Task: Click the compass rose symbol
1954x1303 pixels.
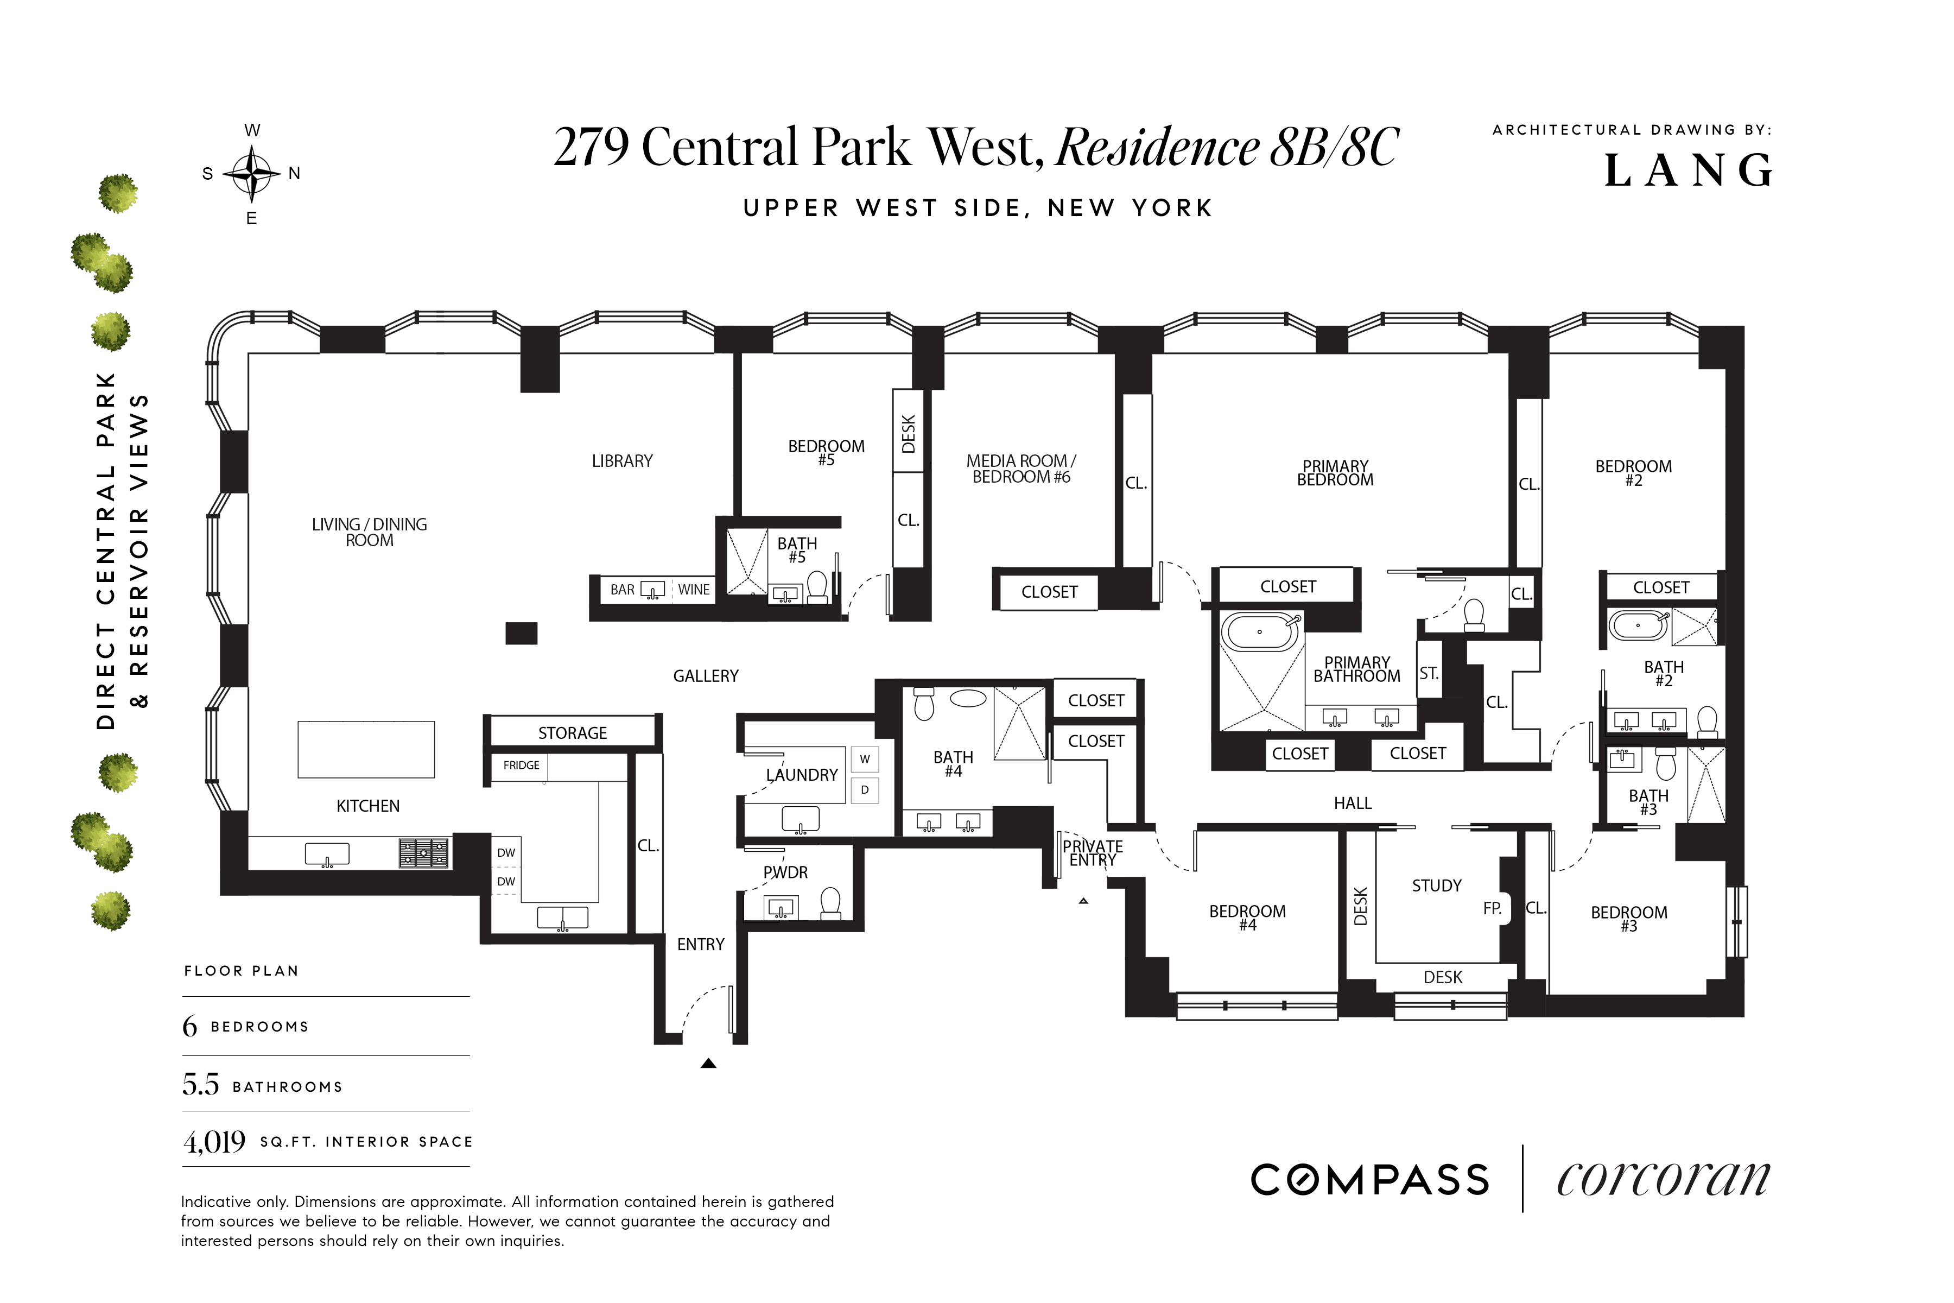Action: [252, 174]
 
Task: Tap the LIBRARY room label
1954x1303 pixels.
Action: [622, 461]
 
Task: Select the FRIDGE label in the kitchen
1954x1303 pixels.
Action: [521, 766]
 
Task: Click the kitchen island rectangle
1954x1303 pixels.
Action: [366, 750]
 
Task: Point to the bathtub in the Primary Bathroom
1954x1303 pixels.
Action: [1259, 632]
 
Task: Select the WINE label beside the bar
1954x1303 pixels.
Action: [694, 590]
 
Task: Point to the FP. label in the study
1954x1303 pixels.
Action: [1492, 909]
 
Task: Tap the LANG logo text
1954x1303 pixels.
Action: [1688, 171]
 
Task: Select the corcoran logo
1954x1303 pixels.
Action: [1663, 1180]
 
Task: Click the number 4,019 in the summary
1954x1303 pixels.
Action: [214, 1143]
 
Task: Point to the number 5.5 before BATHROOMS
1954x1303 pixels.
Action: [201, 1085]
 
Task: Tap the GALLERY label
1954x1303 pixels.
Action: [705, 676]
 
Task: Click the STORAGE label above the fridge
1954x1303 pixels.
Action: [573, 733]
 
